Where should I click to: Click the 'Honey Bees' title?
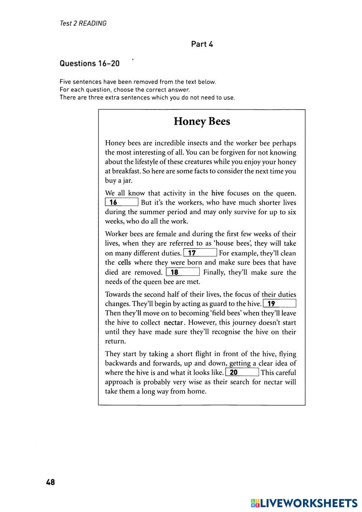202,121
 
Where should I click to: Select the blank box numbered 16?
122,202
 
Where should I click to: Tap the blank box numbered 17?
200,253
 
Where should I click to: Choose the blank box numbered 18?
183,272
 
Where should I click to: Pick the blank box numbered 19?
279,304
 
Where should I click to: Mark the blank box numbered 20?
242,372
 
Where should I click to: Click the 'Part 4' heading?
202,44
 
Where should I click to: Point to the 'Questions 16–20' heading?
89,63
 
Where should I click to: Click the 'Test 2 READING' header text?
83,24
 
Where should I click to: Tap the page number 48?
50,482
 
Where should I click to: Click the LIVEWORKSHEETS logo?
304,503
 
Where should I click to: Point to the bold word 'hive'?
218,193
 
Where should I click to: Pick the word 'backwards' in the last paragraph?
121,363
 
